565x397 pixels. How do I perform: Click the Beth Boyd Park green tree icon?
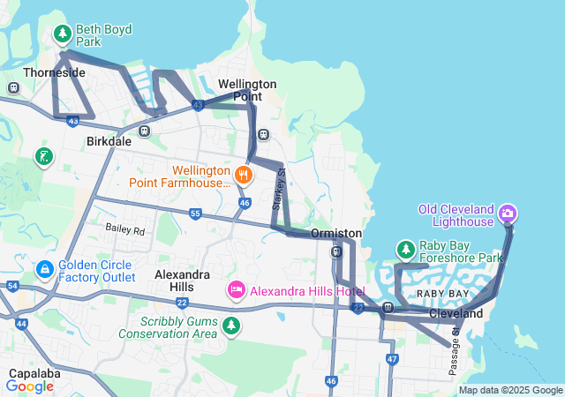[63, 34]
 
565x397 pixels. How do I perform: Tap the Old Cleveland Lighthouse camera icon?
[508, 213]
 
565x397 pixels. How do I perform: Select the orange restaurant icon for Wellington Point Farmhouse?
[244, 175]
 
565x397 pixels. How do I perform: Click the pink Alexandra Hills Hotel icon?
[237, 289]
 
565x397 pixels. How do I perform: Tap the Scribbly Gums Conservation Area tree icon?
[231, 326]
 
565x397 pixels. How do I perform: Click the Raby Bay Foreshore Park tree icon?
[405, 251]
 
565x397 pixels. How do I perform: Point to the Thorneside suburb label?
[55, 72]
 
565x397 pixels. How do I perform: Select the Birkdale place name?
[109, 141]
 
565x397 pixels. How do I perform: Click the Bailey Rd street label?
[124, 229]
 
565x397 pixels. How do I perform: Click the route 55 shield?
[195, 213]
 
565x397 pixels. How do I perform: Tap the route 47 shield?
[392, 359]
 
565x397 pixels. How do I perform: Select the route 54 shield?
[12, 286]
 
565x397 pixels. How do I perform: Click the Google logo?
[30, 386]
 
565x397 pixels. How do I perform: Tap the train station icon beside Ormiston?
[335, 252]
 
